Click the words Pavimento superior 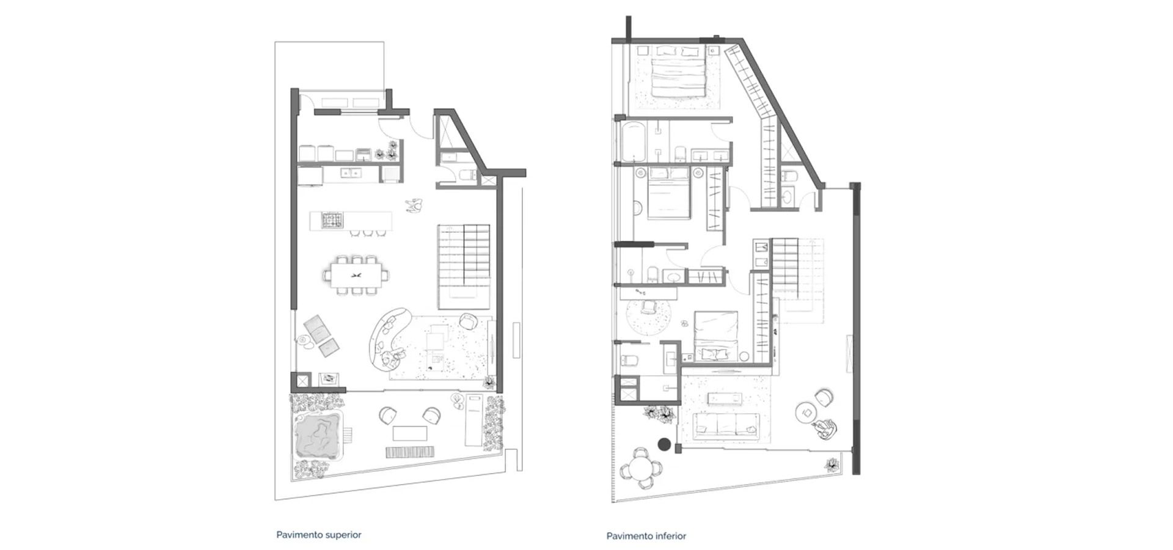click(x=319, y=535)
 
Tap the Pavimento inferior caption click(x=646, y=536)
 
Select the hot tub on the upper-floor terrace click(x=317, y=436)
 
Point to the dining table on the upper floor click(x=357, y=275)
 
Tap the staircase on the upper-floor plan click(x=464, y=266)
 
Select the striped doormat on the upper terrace click(x=410, y=452)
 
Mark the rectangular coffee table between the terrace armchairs click(x=410, y=433)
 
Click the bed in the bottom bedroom click(x=716, y=335)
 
